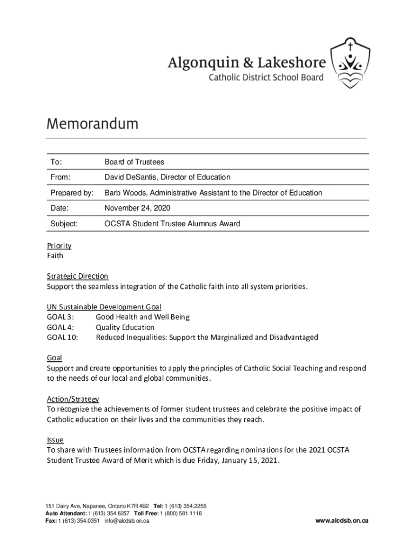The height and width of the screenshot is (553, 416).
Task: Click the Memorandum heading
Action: pos(92,124)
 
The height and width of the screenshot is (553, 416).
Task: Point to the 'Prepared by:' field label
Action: pos(72,193)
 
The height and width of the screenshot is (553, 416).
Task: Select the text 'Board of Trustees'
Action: pos(134,162)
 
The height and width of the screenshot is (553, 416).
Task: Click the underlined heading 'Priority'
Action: pos(59,246)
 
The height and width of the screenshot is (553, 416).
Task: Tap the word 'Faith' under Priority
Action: pos(55,255)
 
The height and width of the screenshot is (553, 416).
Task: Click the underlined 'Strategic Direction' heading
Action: pos(77,276)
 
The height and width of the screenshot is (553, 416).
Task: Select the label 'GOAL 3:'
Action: pos(61,317)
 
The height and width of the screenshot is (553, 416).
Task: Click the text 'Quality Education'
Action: pos(125,327)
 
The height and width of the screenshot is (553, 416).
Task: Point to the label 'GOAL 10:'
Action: pos(62,338)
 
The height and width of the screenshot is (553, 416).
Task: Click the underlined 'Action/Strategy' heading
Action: pos(73,399)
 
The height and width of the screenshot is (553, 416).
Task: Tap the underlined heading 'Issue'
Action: pos(55,440)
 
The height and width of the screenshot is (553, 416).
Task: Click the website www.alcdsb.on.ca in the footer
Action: pos(342,521)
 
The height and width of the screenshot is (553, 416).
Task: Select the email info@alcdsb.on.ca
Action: pos(127,521)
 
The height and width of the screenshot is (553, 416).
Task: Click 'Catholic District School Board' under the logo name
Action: pos(266,77)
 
